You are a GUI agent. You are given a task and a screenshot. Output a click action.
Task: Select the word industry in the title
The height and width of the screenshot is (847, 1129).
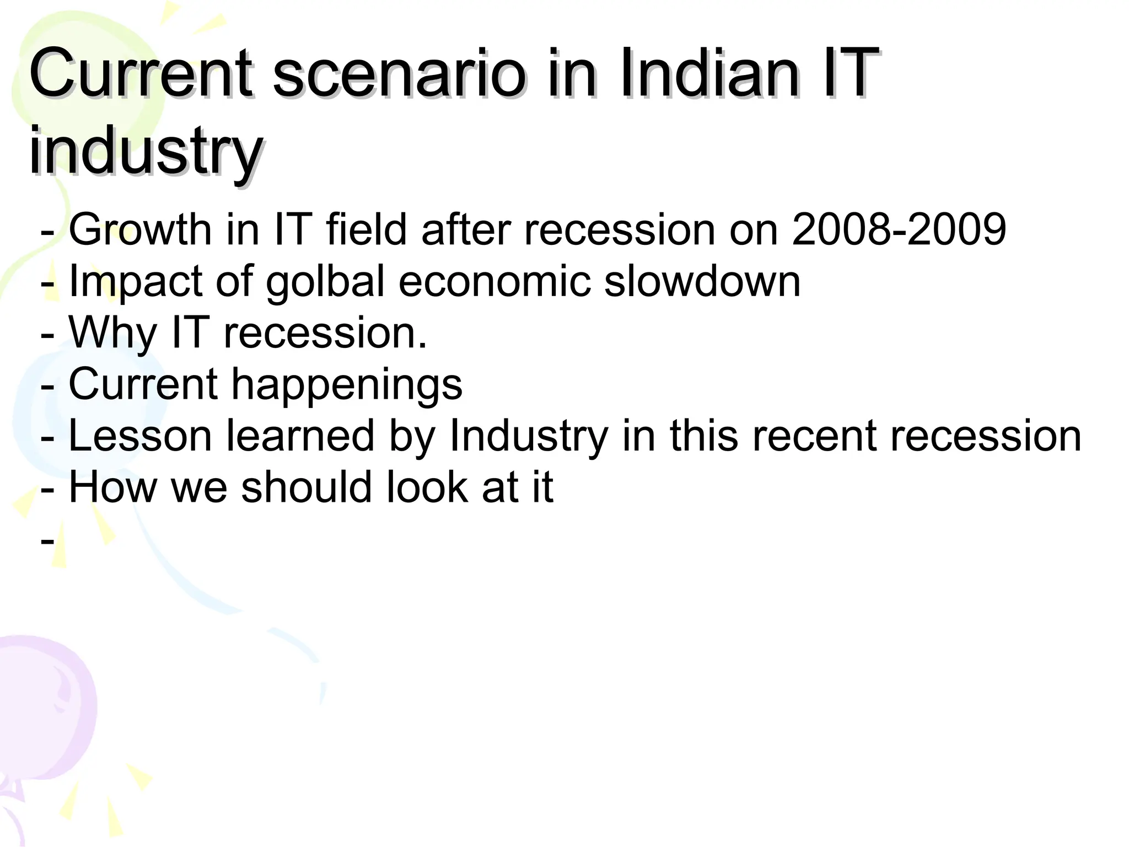145,150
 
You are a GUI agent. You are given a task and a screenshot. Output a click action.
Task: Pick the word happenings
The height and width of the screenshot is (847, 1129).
347,385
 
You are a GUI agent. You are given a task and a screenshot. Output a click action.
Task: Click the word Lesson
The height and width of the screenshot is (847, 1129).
140,436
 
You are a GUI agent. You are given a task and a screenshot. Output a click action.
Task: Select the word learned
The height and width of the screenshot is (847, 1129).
301,436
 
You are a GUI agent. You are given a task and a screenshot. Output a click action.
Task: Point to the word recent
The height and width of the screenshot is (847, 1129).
814,436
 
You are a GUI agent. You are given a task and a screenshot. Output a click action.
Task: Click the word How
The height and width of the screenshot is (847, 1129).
113,487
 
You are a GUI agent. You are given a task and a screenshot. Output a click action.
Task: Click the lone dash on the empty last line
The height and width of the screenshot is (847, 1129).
47,540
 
